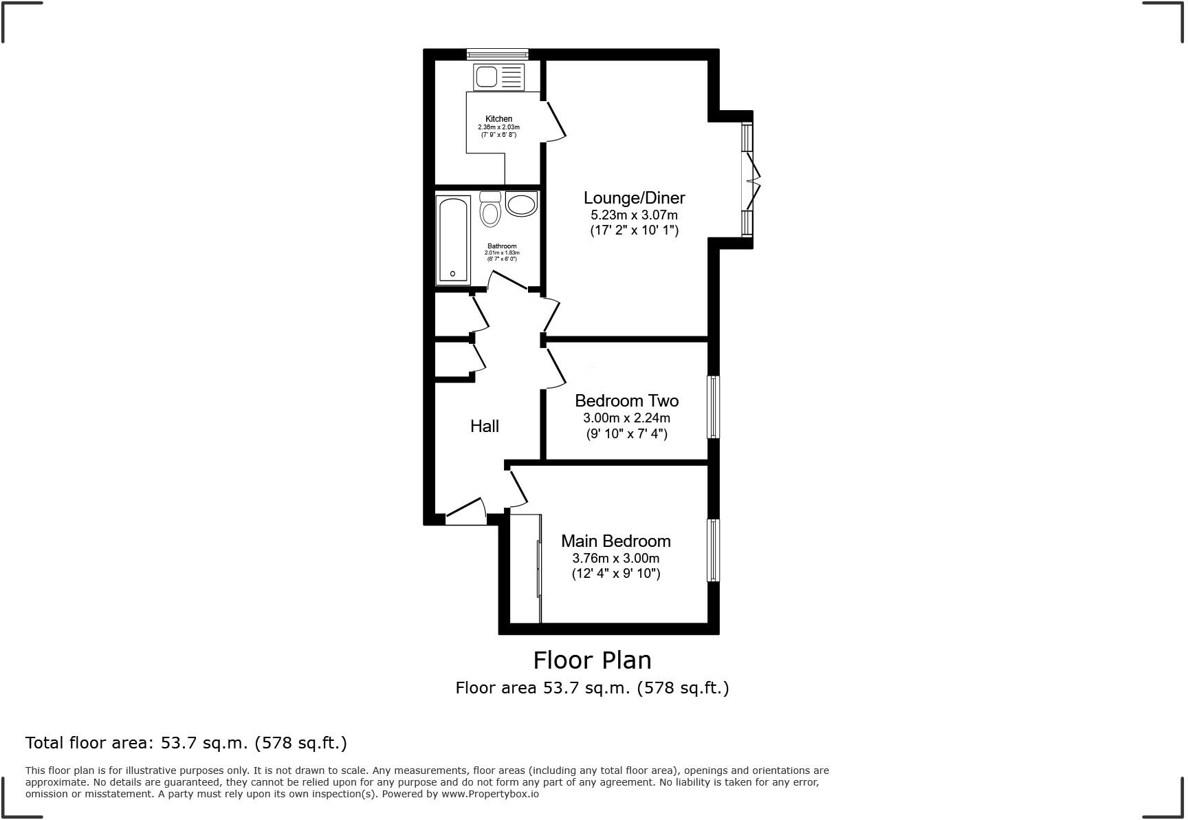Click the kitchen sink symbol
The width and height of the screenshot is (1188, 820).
[x=498, y=76]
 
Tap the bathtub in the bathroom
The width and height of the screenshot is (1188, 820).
[x=453, y=240]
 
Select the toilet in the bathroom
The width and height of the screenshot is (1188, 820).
[x=490, y=209]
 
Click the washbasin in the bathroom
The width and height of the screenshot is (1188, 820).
[x=521, y=204]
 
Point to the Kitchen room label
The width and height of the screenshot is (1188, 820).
[x=498, y=119]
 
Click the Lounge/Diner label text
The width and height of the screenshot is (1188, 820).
[x=634, y=198]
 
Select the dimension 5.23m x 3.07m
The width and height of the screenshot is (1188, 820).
[x=634, y=215]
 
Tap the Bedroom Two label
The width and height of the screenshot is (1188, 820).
[x=626, y=400]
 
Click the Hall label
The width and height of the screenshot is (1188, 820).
[x=485, y=426]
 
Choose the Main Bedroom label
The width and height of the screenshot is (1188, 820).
[x=615, y=541]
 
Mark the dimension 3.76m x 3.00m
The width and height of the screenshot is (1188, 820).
[x=615, y=558]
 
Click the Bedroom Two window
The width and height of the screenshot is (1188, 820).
[x=714, y=407]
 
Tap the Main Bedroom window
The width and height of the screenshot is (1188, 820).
[x=714, y=550]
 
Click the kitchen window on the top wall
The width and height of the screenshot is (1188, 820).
[x=497, y=54]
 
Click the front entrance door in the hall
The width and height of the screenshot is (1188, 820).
[x=466, y=512]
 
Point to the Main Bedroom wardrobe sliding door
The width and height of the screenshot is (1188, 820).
[x=538, y=569]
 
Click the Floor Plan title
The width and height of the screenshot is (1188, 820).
[x=592, y=660]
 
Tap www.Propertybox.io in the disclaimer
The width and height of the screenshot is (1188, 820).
[x=490, y=794]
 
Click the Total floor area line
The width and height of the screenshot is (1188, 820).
[x=186, y=743]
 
